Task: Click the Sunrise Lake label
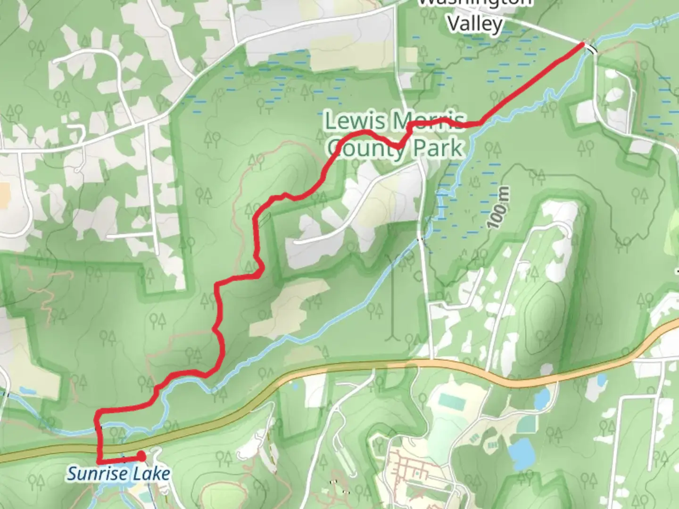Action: pos(118,473)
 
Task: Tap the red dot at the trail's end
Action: pos(141,456)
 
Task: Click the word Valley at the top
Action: pos(475,23)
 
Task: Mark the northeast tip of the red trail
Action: pos(583,44)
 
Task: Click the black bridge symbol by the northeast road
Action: pos(591,48)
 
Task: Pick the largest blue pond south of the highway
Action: pos(521,450)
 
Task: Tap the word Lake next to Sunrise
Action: pos(151,473)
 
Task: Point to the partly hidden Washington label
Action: pos(475,3)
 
